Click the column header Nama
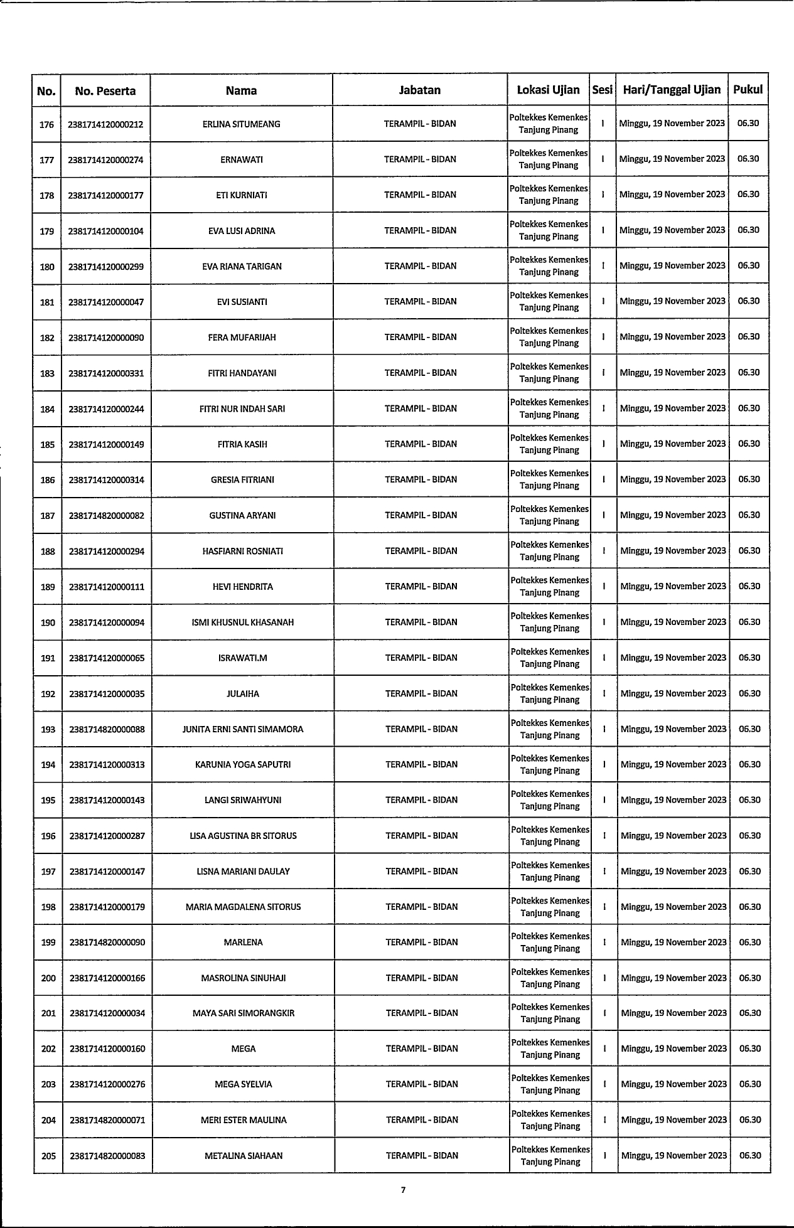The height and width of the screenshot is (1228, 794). tap(241, 90)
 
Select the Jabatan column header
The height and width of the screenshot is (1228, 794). tap(420, 90)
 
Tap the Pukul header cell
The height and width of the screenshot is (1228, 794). tap(748, 89)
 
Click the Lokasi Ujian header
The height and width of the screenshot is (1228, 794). tap(548, 89)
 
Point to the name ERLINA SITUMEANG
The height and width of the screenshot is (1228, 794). tap(241, 124)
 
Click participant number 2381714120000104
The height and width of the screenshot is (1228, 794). tap(106, 231)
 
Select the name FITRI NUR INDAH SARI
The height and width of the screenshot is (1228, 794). tap(242, 409)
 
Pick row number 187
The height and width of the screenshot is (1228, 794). tap(48, 516)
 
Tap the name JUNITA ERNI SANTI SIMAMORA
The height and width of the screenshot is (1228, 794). tap(243, 729)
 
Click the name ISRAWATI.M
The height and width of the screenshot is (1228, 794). tap(243, 658)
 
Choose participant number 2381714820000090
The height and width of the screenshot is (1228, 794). tap(107, 942)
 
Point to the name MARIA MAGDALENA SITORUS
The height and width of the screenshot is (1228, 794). tap(243, 907)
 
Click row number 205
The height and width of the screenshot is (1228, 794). tap(48, 1156)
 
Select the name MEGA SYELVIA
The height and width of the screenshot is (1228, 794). tap(244, 1084)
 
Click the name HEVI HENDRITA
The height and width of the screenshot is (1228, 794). tap(243, 587)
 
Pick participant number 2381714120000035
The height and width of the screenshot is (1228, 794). tap(107, 694)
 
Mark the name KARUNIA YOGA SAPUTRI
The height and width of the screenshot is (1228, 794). tap(243, 765)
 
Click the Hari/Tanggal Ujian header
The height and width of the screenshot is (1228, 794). tap(672, 89)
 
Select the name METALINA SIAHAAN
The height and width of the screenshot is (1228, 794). tap(244, 1156)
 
